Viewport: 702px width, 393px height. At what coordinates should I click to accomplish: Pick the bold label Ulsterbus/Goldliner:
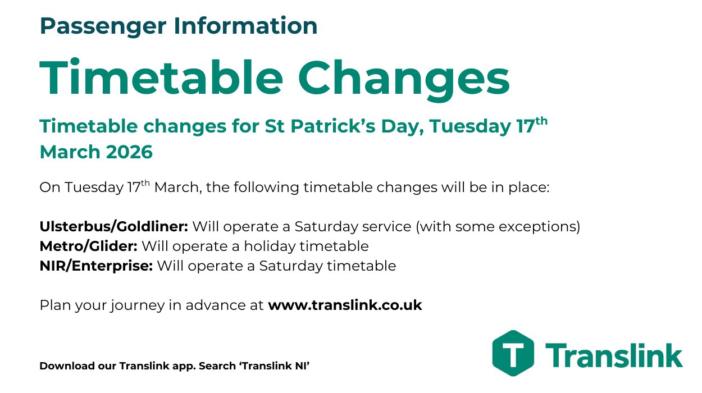114,227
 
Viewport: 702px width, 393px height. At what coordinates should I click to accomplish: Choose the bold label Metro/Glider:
88,246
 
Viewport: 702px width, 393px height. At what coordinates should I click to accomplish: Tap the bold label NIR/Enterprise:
96,266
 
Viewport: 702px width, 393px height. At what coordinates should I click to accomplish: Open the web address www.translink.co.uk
345,305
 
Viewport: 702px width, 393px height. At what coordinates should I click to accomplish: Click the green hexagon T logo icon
513,353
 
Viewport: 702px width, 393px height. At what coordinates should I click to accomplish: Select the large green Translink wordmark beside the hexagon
614,355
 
